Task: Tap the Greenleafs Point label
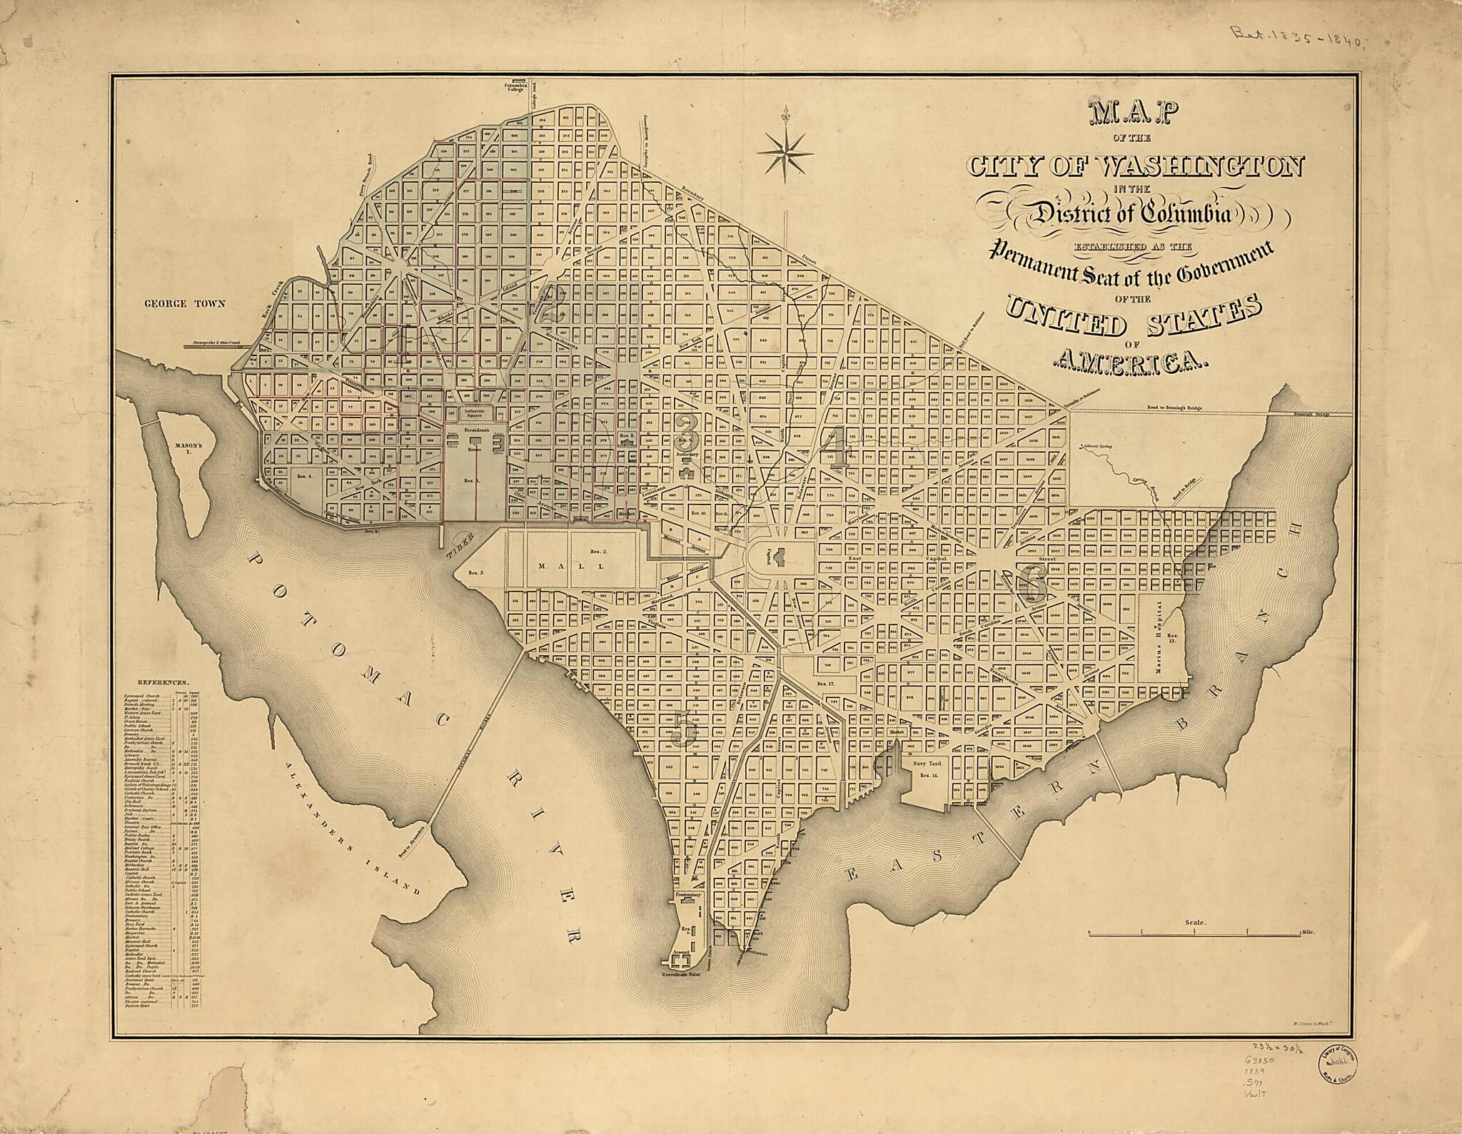(687, 974)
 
